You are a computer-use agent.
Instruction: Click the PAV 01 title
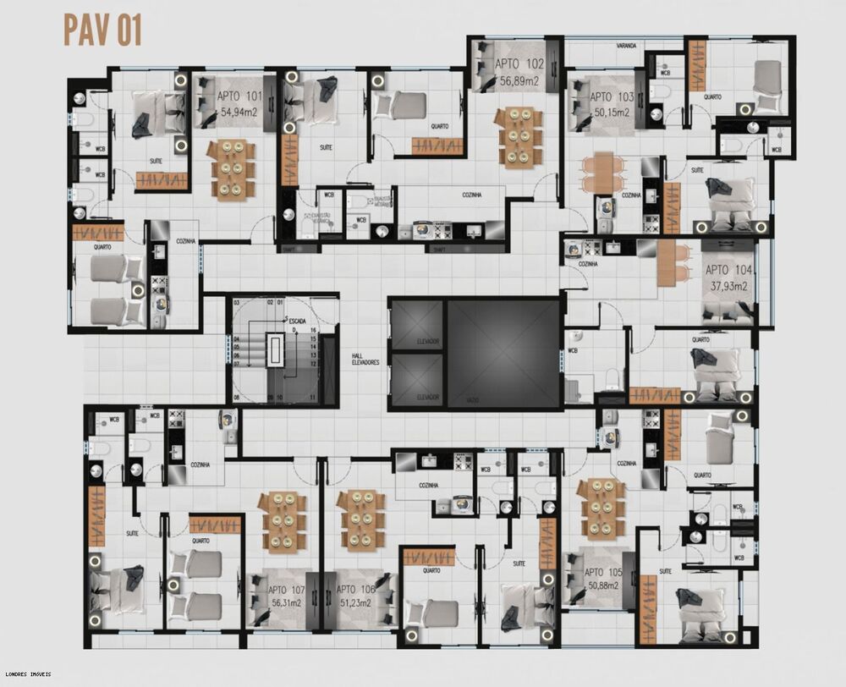[x=102, y=30]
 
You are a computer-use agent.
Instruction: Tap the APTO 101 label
[x=233, y=96]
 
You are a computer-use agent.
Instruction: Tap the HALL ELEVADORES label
[x=365, y=359]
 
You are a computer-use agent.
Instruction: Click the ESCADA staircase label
[x=298, y=322]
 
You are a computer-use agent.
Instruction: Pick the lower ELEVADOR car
[x=416, y=380]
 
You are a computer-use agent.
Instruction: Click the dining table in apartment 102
[x=519, y=136]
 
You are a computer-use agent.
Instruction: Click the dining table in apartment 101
[x=231, y=169]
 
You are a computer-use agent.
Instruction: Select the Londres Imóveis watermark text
[x=26, y=674]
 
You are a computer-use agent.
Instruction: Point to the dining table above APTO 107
[x=283, y=519]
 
